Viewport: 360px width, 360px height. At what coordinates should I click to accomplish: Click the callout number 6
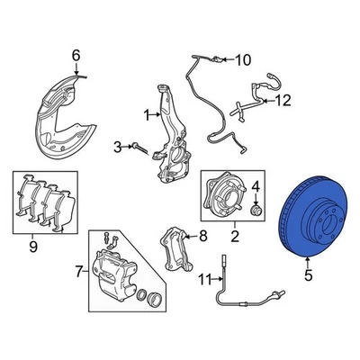point(76,57)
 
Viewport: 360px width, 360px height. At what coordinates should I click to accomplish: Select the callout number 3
point(117,147)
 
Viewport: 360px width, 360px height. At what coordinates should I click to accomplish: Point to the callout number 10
point(240,61)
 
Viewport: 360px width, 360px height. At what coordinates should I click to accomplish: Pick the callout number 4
point(255,186)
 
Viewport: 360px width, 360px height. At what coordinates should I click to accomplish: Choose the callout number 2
point(234,238)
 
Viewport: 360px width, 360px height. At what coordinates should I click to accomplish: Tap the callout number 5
point(308,276)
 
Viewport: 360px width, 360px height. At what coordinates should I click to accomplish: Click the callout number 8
point(202,237)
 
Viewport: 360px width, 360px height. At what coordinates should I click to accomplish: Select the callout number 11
point(203,277)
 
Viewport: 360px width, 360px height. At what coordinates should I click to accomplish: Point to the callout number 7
point(78,270)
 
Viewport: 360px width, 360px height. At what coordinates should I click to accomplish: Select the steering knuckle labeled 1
point(171,135)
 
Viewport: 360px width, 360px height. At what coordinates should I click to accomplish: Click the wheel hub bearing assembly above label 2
point(220,197)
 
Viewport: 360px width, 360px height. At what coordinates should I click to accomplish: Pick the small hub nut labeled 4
point(255,210)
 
